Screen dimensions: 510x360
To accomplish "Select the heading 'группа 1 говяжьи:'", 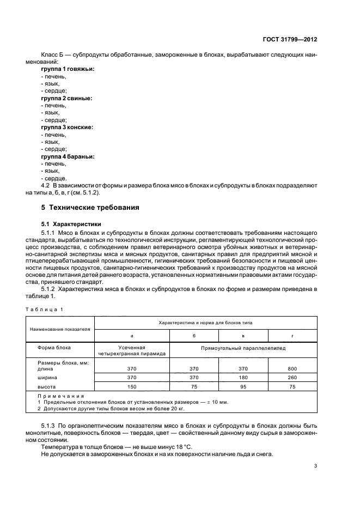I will [68, 69].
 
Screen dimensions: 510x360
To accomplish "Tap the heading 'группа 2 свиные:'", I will [66, 98].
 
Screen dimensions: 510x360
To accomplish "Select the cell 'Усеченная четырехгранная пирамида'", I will [132, 350].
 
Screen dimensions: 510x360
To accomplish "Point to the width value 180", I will [243, 377].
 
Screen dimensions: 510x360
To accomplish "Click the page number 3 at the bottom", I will [316, 465].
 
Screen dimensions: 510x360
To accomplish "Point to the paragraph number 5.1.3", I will [49, 423].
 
